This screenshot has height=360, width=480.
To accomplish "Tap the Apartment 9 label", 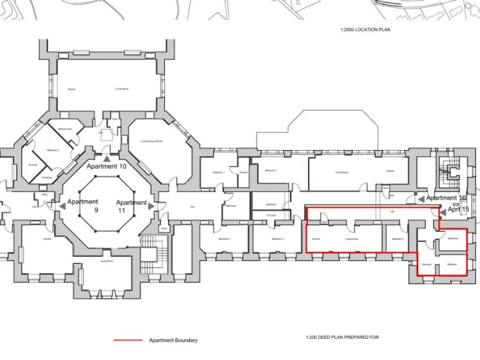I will click(x=83, y=206).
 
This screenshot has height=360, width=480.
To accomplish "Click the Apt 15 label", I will click(x=458, y=209).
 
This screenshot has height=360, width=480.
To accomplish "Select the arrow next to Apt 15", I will click(x=442, y=210).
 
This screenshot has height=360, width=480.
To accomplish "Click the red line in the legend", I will click(x=128, y=341).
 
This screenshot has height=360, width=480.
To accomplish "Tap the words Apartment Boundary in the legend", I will click(x=173, y=341).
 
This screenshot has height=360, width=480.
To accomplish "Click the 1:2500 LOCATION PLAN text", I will click(x=366, y=29).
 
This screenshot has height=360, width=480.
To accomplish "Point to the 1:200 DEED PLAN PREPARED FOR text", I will click(x=342, y=337).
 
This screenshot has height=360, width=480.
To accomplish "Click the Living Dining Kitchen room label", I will click(x=152, y=141).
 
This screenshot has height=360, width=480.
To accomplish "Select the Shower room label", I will click(x=65, y=129).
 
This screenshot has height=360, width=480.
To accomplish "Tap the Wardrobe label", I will click(x=46, y=178).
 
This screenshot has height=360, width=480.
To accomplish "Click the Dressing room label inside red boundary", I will click(x=427, y=265).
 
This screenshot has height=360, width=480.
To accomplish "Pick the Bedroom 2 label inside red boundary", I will click(x=398, y=239).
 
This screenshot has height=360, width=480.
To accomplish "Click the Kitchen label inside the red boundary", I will click(x=316, y=239).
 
